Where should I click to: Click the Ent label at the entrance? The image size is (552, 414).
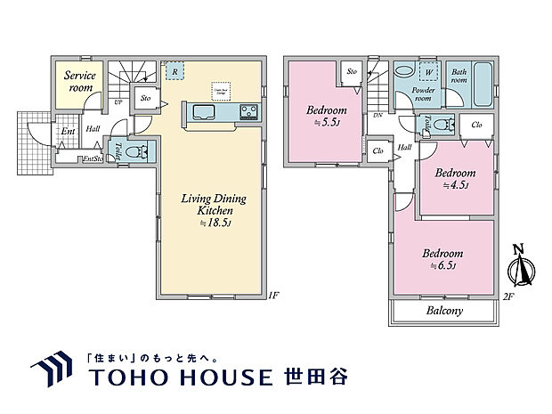(67, 132)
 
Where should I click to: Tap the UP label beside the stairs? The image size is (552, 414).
(118, 101)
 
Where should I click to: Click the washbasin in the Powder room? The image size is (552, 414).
(402, 72)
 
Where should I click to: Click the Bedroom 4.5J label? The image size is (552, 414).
(454, 178)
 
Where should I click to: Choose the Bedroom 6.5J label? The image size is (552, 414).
(442, 258)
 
